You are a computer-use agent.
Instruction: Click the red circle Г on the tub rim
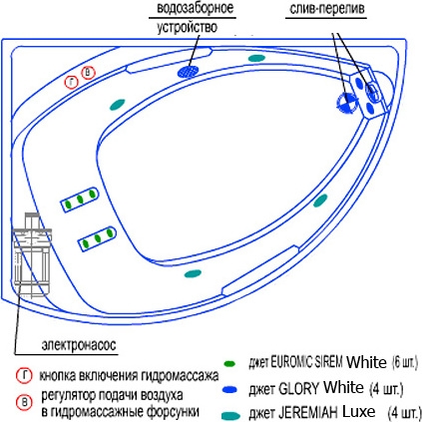point(72,83)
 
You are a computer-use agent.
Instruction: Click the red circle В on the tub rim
point(89,73)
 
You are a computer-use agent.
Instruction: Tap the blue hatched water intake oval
point(188,71)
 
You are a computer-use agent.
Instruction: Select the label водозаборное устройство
point(196,17)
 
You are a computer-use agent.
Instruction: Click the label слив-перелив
point(327,9)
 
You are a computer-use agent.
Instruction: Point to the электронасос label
point(79,345)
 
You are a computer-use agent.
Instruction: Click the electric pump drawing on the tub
point(32,255)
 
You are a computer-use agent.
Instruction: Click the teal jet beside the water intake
point(256,58)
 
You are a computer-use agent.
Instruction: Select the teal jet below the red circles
point(118,105)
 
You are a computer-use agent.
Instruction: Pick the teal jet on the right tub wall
point(320,201)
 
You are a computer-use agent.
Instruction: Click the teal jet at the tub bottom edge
point(193,273)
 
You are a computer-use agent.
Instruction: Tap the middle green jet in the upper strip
point(80,200)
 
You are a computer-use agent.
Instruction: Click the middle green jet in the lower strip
point(98,238)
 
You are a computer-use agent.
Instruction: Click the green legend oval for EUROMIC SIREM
point(229,363)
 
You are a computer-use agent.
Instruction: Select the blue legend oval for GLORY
point(229,389)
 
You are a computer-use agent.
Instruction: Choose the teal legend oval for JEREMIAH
point(230,416)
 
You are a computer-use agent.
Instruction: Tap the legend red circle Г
point(24,376)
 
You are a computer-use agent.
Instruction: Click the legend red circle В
point(25,403)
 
